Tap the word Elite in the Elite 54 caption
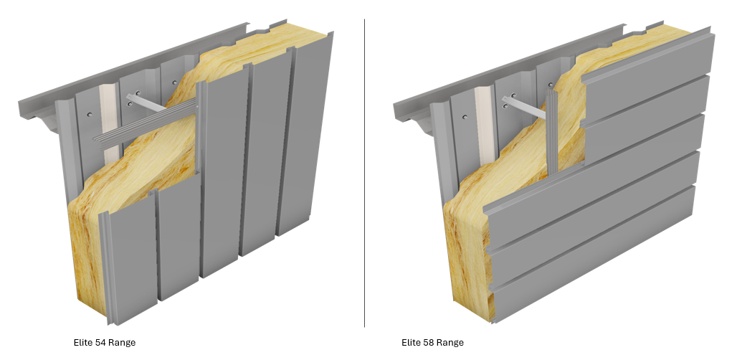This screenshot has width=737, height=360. [x=83, y=343]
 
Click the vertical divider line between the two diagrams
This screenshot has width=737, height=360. [x=364, y=173]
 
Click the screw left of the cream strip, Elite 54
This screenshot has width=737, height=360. [x=90, y=114]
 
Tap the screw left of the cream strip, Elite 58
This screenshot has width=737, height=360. [x=465, y=117]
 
